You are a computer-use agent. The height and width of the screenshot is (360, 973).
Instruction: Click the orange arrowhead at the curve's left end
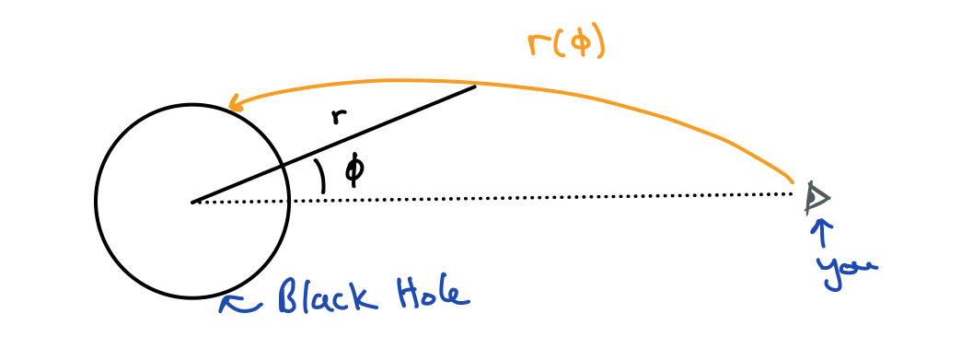click(235, 103)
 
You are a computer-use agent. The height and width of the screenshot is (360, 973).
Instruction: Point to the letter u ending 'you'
click(867, 266)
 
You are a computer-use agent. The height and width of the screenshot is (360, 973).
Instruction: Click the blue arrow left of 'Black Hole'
click(237, 303)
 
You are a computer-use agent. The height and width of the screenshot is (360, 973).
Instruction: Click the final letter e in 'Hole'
click(461, 296)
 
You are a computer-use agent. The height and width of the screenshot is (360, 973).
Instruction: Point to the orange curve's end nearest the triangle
click(793, 179)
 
